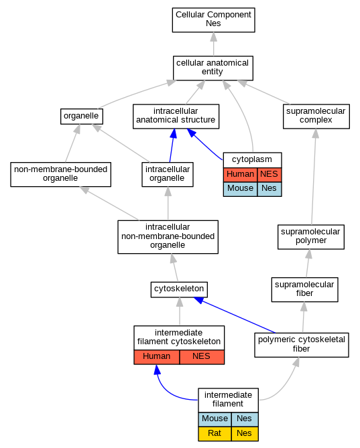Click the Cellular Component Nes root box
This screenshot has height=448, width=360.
(x=213, y=20)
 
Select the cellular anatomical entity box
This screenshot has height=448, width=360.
(x=213, y=68)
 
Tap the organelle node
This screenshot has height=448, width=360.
(x=82, y=117)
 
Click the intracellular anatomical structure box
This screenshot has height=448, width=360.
(x=176, y=117)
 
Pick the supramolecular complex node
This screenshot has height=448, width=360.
(x=316, y=117)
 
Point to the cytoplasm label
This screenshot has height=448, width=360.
(x=252, y=159)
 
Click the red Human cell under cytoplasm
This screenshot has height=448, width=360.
(x=240, y=174)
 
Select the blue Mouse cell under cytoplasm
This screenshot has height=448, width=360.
(x=240, y=189)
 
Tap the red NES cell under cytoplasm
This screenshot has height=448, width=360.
(x=269, y=174)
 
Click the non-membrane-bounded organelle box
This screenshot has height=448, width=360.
(x=60, y=174)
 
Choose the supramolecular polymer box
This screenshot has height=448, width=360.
(x=311, y=237)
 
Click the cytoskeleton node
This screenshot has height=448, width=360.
(x=179, y=289)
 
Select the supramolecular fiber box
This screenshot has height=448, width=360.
(x=304, y=289)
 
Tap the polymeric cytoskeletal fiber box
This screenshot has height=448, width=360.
(x=302, y=345)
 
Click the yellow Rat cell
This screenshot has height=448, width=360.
(x=215, y=434)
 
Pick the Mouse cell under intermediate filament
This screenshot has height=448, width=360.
(x=215, y=419)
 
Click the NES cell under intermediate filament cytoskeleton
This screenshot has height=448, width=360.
(x=202, y=357)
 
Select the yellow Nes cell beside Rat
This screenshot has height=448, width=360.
(x=245, y=434)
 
